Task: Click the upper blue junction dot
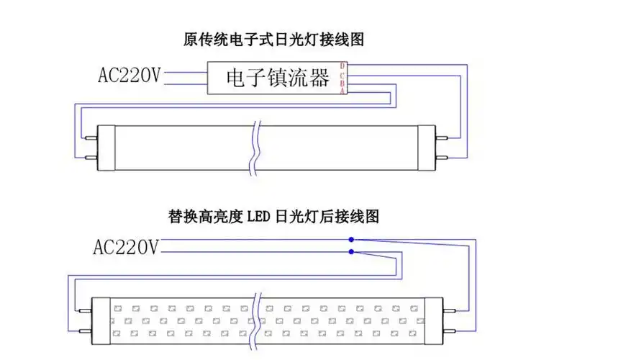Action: [350, 239]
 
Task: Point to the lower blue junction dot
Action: [350, 251]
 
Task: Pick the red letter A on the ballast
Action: [343, 89]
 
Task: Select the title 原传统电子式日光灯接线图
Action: [273, 39]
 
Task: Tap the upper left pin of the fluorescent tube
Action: [91, 132]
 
